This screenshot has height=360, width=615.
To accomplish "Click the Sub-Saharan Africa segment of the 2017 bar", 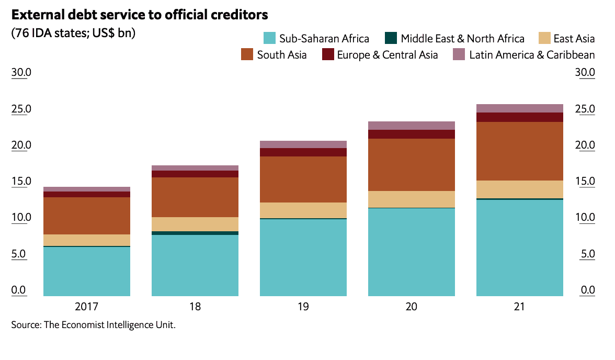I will pyautogui.click(x=87, y=271).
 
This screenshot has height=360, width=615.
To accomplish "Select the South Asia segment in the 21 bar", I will pyautogui.click(x=520, y=151).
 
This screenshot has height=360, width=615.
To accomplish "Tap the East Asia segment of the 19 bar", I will pyautogui.click(x=303, y=210).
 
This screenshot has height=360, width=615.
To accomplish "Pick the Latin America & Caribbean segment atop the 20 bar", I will pyautogui.click(x=412, y=126).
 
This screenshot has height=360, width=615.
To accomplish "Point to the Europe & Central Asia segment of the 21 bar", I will pyautogui.click(x=520, y=117).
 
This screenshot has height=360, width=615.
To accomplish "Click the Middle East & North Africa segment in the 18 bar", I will pyautogui.click(x=195, y=233).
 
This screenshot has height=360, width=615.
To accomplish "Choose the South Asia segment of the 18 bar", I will pyautogui.click(x=195, y=197).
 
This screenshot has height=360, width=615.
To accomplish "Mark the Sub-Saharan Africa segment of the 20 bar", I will pyautogui.click(x=412, y=252).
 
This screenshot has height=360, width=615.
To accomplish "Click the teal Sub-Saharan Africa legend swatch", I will pyautogui.click(x=269, y=38).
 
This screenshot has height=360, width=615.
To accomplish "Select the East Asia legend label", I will pyautogui.click(x=574, y=38).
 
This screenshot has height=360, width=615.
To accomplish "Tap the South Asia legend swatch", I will pyautogui.click(x=247, y=54).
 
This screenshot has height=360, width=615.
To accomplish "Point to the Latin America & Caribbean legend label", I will pyautogui.click(x=532, y=54).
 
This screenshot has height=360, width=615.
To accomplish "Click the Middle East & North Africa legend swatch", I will pyautogui.click(x=391, y=38).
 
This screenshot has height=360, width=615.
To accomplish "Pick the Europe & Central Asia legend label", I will pyautogui.click(x=388, y=54).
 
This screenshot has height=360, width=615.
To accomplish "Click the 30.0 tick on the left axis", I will pyautogui.click(x=21, y=72).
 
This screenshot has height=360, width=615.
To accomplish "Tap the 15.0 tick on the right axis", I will pyautogui.click(x=585, y=182).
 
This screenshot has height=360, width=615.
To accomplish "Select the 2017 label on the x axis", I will pyautogui.click(x=87, y=307).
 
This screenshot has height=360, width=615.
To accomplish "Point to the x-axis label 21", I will pyautogui.click(x=520, y=307).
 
